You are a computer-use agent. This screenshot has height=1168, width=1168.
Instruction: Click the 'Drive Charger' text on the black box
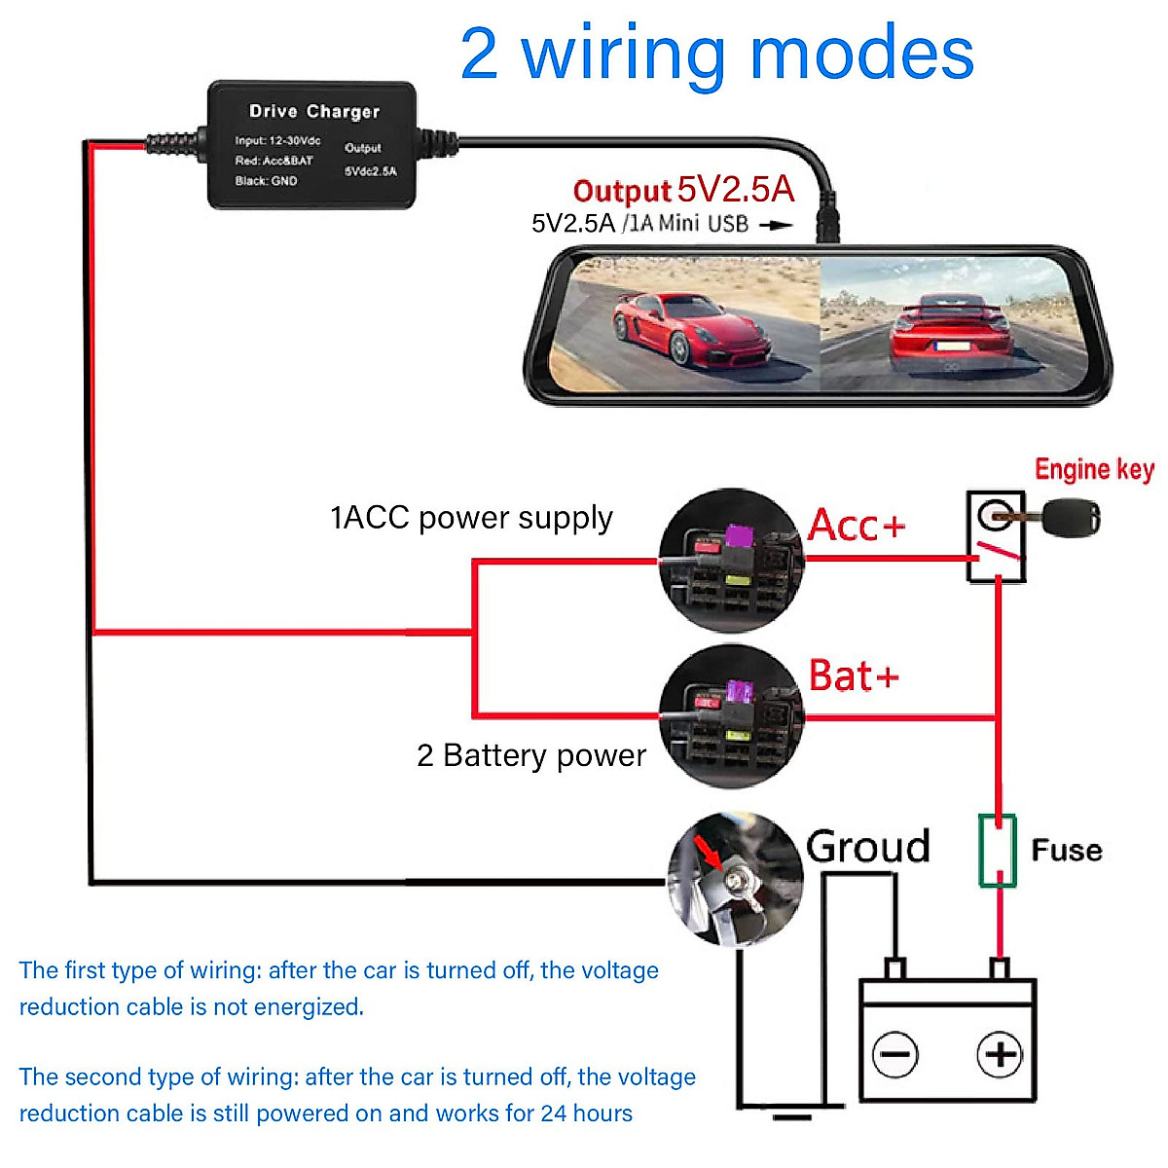[x=313, y=111]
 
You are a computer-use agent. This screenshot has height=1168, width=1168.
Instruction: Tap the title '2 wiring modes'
[x=716, y=54]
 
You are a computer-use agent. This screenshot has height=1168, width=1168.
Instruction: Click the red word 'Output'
[x=622, y=191]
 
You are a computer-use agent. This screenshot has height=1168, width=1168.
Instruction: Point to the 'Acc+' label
[x=857, y=526]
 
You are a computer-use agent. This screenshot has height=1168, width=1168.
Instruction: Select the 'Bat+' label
[x=854, y=675]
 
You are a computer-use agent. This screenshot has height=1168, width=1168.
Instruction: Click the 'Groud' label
[x=867, y=847]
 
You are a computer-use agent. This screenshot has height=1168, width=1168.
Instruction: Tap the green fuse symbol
[x=997, y=851]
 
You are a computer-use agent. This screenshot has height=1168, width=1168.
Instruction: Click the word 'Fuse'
[x=1067, y=851]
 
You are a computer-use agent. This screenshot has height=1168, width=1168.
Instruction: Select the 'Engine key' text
[x=1094, y=469]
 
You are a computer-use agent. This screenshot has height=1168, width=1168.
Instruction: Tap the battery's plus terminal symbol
[x=1000, y=1054]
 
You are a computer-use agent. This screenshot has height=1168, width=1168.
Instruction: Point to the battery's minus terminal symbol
[x=894, y=1054]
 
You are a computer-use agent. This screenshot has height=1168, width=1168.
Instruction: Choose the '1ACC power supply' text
[x=471, y=518]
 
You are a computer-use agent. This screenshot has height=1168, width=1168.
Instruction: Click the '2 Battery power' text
[x=530, y=755]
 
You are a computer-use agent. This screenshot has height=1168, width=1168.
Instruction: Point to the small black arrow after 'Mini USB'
[x=776, y=225]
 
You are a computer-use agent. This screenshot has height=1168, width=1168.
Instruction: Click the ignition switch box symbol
[x=996, y=536]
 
